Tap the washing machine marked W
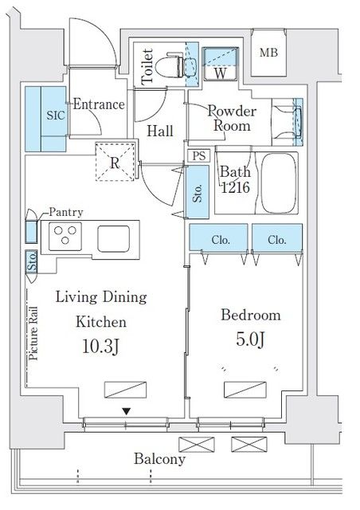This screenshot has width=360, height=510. pyautogui.click(x=220, y=64)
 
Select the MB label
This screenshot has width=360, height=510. pyautogui.click(x=268, y=53)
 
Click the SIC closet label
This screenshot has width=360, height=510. pyautogui.click(x=56, y=115)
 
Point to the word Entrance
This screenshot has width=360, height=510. pyautogui.click(x=99, y=104)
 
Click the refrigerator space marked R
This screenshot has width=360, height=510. pyautogui.click(x=115, y=161)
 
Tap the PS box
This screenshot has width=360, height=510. pyautogui.click(x=199, y=156)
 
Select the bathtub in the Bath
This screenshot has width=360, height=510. pyautogui.click(x=280, y=182)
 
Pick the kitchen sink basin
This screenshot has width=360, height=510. pyautogui.click(x=114, y=239)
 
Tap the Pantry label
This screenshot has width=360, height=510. pyautogui.click(x=66, y=213)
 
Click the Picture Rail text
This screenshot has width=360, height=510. pyautogui.click(x=33, y=333)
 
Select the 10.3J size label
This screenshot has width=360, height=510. pyautogui.click(x=101, y=346)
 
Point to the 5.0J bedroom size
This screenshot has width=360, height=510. pyautogui.click(x=250, y=339)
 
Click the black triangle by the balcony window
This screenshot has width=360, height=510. pyautogui.click(x=127, y=412)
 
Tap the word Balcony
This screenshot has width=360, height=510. pyautogui.click(x=159, y=459)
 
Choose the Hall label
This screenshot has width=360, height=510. pyautogui.click(x=159, y=131)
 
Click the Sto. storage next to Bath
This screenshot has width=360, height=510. pyautogui.click(x=197, y=192)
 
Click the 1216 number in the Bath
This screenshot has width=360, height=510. pyautogui.click(x=235, y=188)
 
